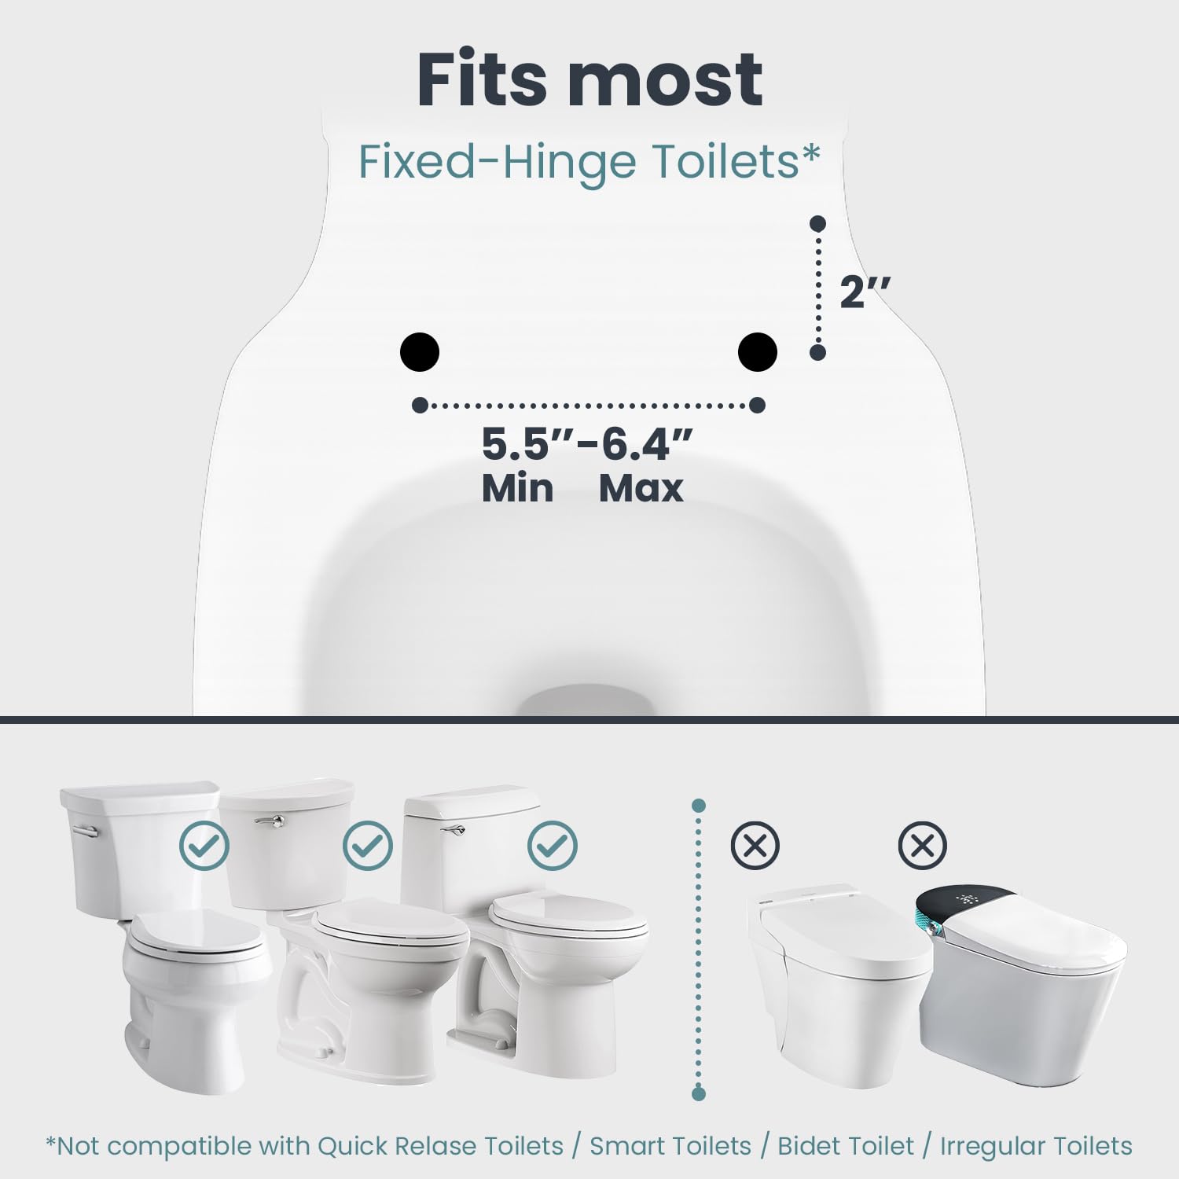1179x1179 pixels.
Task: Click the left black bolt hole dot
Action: coord(420,351)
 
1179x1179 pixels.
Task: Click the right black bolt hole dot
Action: coord(758,351)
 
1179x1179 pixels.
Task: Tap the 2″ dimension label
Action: coord(865,292)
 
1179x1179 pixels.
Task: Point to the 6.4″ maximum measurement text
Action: coord(647,444)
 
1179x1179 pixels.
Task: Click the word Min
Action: coord(517,488)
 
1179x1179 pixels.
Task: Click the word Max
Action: coord(641,488)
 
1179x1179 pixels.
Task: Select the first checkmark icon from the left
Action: coord(204,845)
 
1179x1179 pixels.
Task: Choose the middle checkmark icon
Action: coord(368,845)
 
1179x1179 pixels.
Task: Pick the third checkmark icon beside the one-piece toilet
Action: coord(553,845)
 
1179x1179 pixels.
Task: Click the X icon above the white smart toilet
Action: coord(755,846)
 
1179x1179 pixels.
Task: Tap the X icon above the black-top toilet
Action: coord(923,846)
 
